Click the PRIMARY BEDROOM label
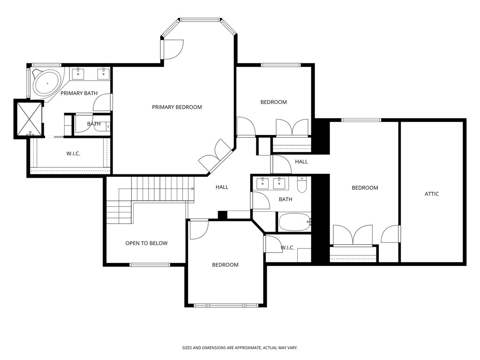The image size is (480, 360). (177, 107)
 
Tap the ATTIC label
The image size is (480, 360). (432, 194)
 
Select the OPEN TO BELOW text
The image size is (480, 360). (146, 243)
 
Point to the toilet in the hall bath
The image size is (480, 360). (302, 184)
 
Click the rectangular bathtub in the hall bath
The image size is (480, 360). (294, 222)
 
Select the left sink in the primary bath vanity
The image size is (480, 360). (78, 74)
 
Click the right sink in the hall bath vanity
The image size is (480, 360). (282, 182)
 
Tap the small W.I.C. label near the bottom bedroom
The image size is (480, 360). (287, 247)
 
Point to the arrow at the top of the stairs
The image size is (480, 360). (192, 188)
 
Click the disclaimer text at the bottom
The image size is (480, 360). (240, 348)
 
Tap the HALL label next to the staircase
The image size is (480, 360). (222, 187)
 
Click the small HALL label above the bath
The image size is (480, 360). (301, 162)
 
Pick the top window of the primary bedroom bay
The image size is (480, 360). (200, 20)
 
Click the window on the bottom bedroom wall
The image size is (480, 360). (226, 305)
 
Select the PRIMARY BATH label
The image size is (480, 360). (79, 93)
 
